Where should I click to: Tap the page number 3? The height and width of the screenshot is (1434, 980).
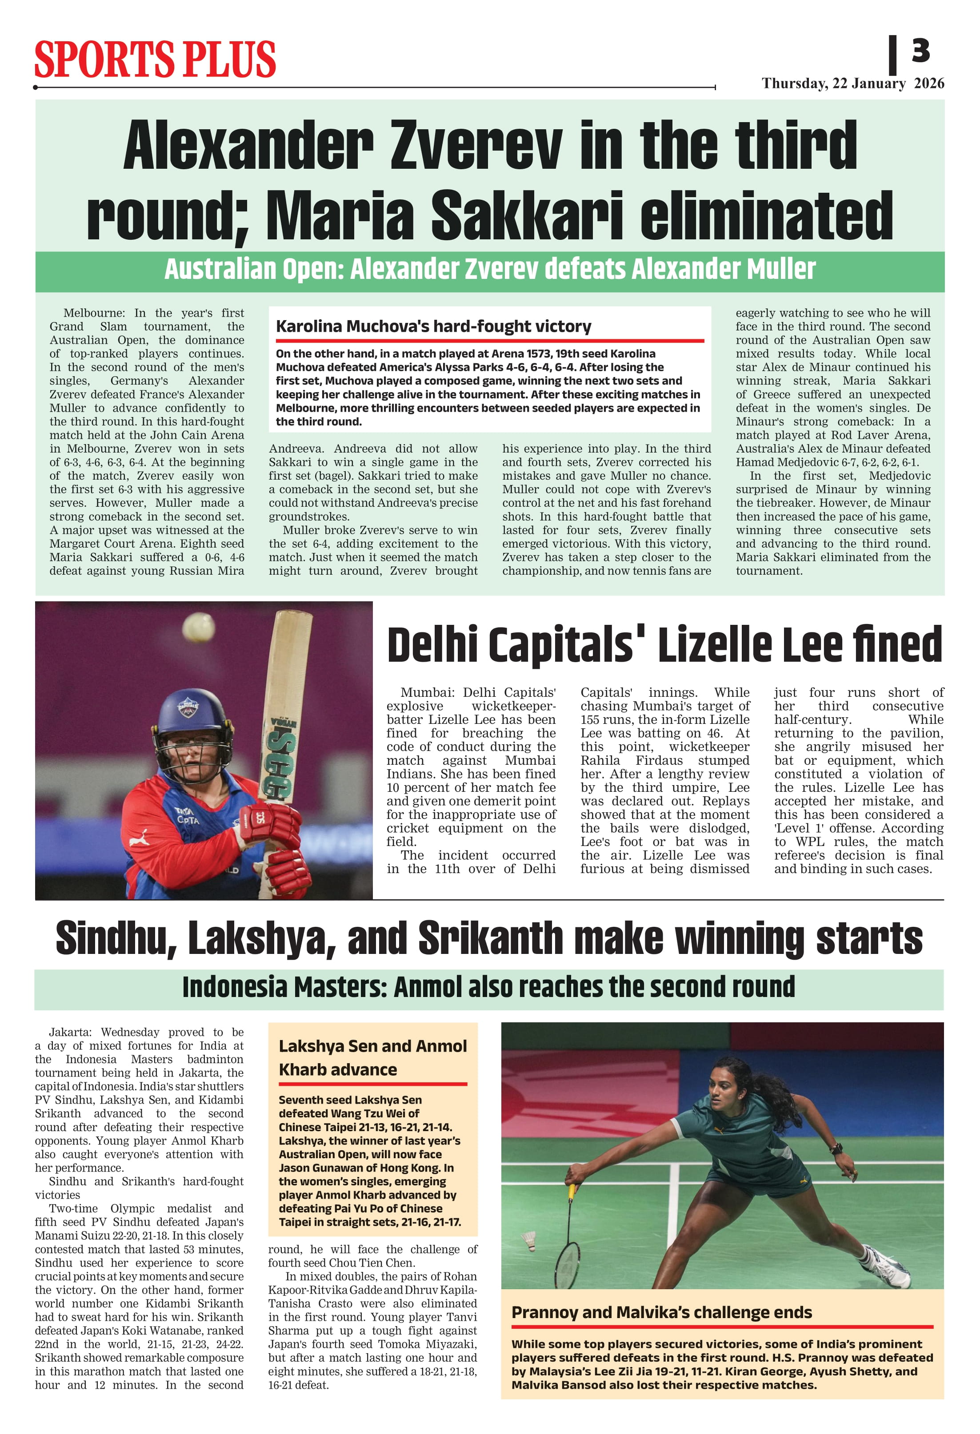pos(920,51)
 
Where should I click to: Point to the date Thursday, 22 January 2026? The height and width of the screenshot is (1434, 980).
pos(852,83)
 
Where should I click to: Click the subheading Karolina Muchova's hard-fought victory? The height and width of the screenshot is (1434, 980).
pos(433,326)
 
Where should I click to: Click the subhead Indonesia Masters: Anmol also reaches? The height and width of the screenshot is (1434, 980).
pos(488,987)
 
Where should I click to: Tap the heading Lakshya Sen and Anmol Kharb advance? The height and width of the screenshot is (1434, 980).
pos(372,1057)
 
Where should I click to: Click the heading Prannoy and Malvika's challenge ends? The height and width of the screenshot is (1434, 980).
pos(661,1312)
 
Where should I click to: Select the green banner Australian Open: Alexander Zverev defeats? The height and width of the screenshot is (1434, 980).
pos(490,270)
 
